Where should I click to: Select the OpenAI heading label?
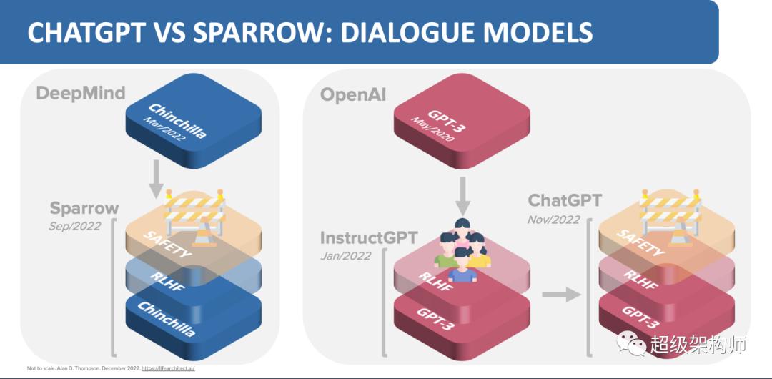352,95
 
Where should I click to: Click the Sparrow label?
84,208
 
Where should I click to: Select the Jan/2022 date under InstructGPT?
346,255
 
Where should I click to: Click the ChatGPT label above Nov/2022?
565,200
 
